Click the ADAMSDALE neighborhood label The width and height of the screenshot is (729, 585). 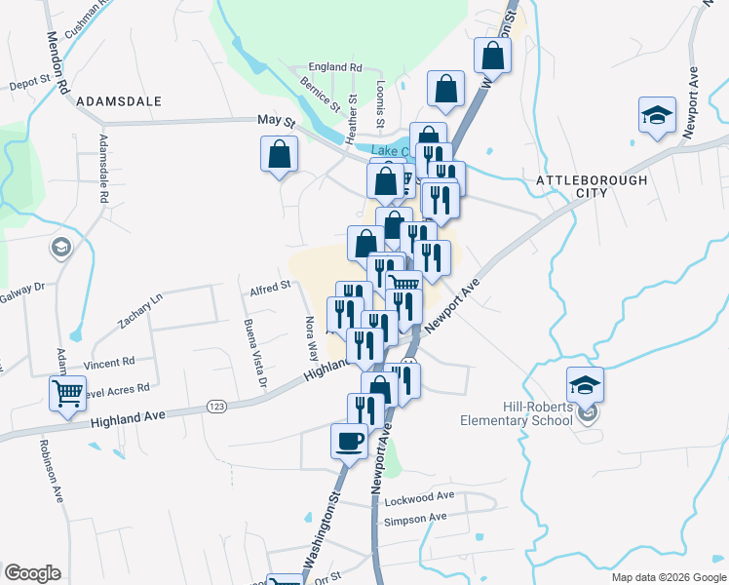(117, 100)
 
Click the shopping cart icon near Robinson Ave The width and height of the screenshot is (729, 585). (67, 394)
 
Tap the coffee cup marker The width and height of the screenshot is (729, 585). (349, 441)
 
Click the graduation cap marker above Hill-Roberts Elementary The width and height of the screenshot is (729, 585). (585, 384)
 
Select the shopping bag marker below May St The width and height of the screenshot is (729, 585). (279, 154)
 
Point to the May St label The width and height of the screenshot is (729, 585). (276, 120)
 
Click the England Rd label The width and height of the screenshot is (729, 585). (334, 67)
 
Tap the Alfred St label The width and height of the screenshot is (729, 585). (270, 286)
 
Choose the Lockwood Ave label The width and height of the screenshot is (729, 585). (420, 500)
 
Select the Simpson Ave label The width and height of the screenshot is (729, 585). (415, 519)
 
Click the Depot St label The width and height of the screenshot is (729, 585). (29, 84)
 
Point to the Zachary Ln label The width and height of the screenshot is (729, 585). (139, 312)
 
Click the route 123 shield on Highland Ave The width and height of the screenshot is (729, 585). (215, 406)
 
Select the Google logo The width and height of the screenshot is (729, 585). (32, 573)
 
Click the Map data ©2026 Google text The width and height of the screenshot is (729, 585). (669, 577)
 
